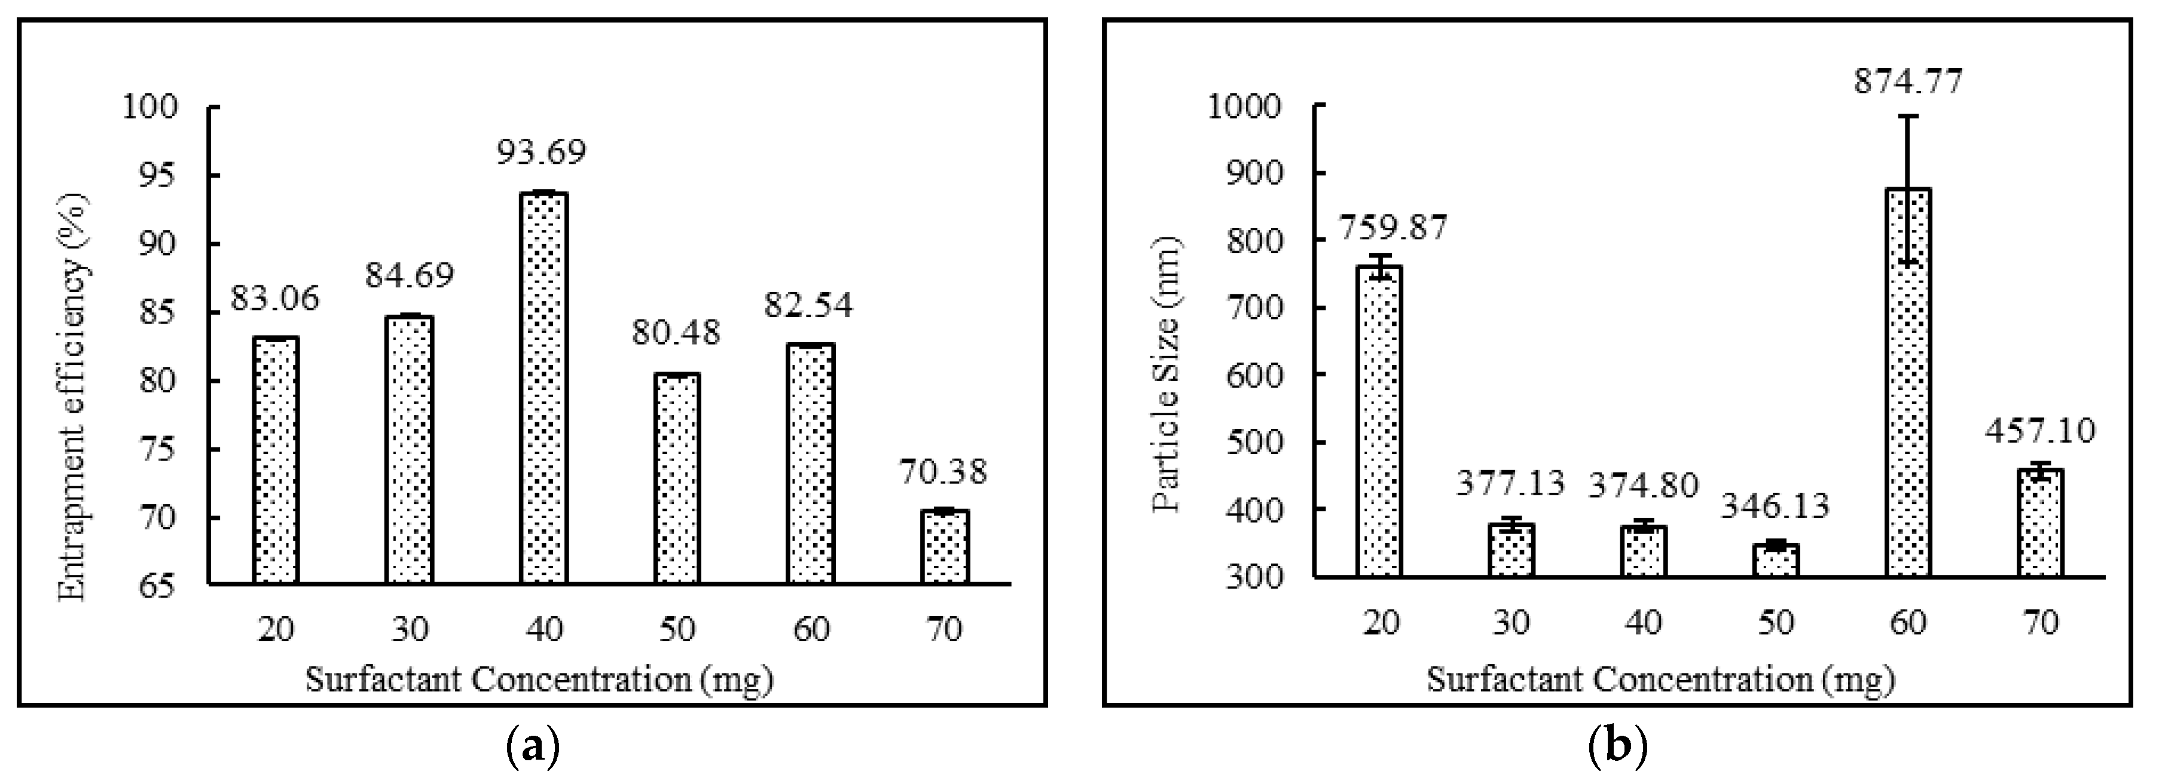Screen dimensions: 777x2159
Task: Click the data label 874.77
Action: click(1907, 81)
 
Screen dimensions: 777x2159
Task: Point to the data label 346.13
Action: click(1775, 505)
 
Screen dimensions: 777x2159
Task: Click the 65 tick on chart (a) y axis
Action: click(161, 586)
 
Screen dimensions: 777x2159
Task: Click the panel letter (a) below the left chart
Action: click(533, 744)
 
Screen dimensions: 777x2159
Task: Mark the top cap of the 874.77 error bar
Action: click(1907, 115)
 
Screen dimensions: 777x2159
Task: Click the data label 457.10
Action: click(2039, 431)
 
